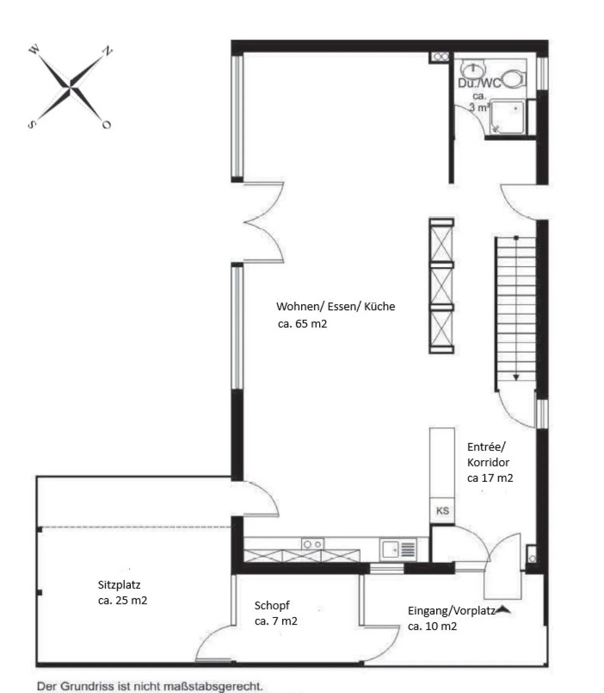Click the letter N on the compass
[x=108, y=51]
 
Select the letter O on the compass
[x=107, y=125]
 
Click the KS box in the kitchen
[x=442, y=511]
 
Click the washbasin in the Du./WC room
[x=473, y=68]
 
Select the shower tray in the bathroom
[x=507, y=117]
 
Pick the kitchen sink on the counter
[x=398, y=549]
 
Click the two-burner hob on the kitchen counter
[x=312, y=544]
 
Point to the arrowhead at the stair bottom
[x=516, y=378]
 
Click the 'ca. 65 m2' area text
[x=302, y=324]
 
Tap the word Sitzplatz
[x=119, y=585]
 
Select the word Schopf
[x=272, y=606]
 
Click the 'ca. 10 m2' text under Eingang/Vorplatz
[x=432, y=626]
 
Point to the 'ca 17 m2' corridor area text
[x=490, y=478]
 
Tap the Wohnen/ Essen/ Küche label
[x=336, y=307]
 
